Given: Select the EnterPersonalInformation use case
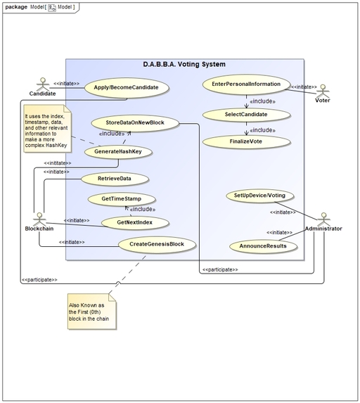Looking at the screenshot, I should coord(246,84).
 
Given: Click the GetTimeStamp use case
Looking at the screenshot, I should coord(122,200).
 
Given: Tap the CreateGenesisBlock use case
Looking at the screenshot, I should coord(156,245).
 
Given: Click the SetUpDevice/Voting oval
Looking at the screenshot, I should coord(259,195).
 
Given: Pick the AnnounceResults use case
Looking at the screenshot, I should coord(263,247).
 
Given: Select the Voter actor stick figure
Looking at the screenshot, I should coord(323,91).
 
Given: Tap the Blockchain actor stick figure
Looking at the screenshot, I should coord(40,216).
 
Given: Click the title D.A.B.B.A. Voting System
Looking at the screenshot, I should coord(184,65).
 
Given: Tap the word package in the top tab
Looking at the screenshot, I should coord(15,6).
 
